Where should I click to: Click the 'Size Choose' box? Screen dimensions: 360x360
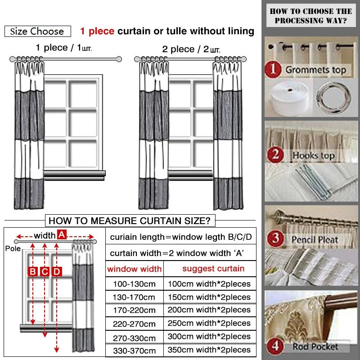(37, 31)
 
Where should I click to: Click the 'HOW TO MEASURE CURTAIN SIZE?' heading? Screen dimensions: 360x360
(130, 220)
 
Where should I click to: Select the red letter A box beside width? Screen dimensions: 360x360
(62, 234)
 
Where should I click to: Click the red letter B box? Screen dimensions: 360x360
(33, 271)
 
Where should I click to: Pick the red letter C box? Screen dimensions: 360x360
(45, 271)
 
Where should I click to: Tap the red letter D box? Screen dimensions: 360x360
(56, 271)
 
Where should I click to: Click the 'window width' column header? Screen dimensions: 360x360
(134, 269)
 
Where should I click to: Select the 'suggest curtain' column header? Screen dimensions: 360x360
(213, 269)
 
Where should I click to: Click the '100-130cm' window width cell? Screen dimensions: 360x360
(134, 284)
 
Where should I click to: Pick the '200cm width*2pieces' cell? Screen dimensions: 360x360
(209, 310)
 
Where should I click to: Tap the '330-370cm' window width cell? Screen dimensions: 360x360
(134, 351)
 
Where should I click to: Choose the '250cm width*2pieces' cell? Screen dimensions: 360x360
(209, 323)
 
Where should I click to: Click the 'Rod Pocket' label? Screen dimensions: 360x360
(315, 346)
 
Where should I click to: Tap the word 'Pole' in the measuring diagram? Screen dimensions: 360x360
(13, 248)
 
